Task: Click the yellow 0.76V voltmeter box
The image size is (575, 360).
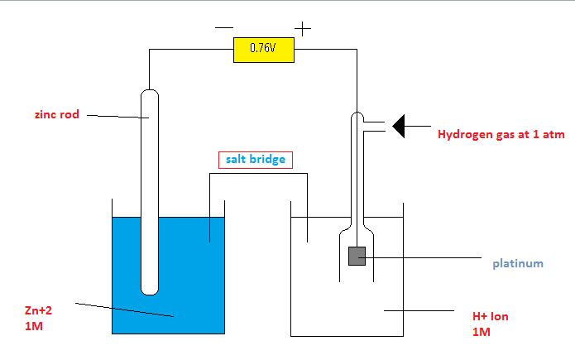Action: [x=262, y=49]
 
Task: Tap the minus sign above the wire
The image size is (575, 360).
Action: [x=223, y=27]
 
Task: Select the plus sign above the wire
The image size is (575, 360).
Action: [x=303, y=29]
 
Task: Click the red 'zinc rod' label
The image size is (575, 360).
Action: [x=57, y=115]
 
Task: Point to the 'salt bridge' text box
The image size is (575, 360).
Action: [x=256, y=159]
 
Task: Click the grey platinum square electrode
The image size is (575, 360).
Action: [x=357, y=257]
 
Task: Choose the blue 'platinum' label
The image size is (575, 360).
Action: [x=518, y=264]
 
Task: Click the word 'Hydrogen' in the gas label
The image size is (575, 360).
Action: [x=466, y=132]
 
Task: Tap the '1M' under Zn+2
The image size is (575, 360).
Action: [x=34, y=327]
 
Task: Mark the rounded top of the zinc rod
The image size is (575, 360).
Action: [x=149, y=94]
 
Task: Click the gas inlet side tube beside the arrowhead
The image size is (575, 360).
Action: [x=374, y=126]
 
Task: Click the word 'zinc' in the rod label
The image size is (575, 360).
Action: [x=46, y=115]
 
